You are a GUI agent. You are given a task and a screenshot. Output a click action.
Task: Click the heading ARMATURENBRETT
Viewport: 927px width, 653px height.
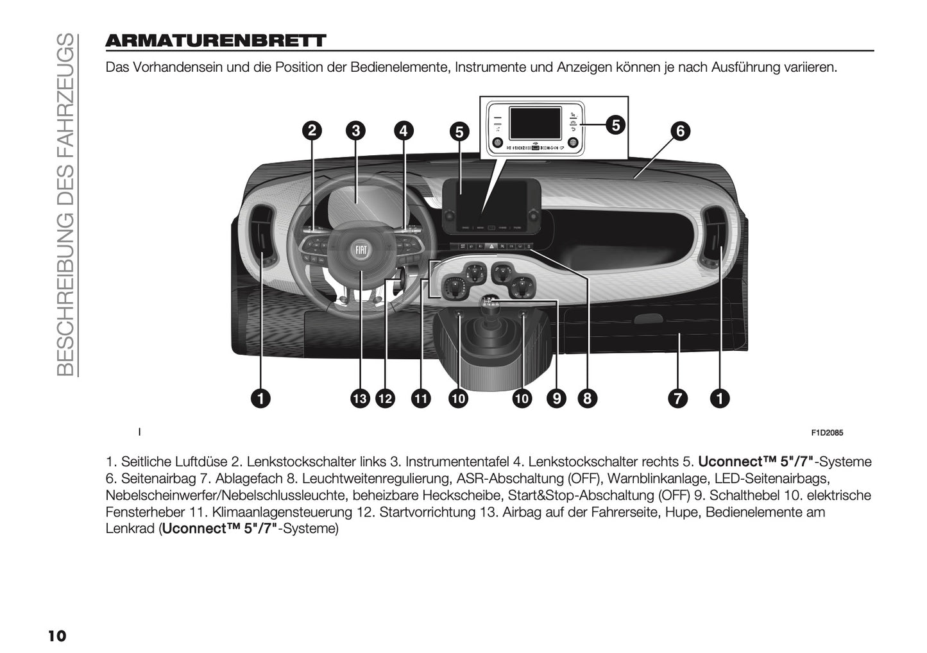point(216,41)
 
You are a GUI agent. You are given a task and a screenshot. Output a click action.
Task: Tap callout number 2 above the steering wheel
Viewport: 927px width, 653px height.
point(312,131)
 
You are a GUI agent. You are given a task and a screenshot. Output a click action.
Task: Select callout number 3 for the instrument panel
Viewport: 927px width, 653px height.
point(355,131)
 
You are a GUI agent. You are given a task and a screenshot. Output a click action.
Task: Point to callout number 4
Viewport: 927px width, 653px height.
point(402,131)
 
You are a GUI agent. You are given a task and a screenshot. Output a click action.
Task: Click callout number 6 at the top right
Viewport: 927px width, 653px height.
point(680,131)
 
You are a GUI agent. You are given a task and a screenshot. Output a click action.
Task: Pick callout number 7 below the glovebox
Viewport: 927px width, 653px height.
point(677,398)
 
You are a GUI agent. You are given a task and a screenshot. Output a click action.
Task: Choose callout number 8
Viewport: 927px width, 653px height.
point(586,398)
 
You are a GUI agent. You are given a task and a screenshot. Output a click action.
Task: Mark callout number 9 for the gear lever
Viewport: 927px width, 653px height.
point(556,398)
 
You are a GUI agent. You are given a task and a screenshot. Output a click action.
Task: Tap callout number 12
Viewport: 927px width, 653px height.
point(385,398)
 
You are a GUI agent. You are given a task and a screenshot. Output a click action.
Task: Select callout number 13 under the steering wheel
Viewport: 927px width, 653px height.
point(360,398)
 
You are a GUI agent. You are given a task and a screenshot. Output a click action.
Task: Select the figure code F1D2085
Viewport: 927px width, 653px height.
point(827,432)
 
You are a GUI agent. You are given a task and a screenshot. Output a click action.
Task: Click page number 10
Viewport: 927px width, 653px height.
point(56,635)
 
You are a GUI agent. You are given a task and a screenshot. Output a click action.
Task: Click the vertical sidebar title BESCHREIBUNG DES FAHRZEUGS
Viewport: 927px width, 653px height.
point(66,204)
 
